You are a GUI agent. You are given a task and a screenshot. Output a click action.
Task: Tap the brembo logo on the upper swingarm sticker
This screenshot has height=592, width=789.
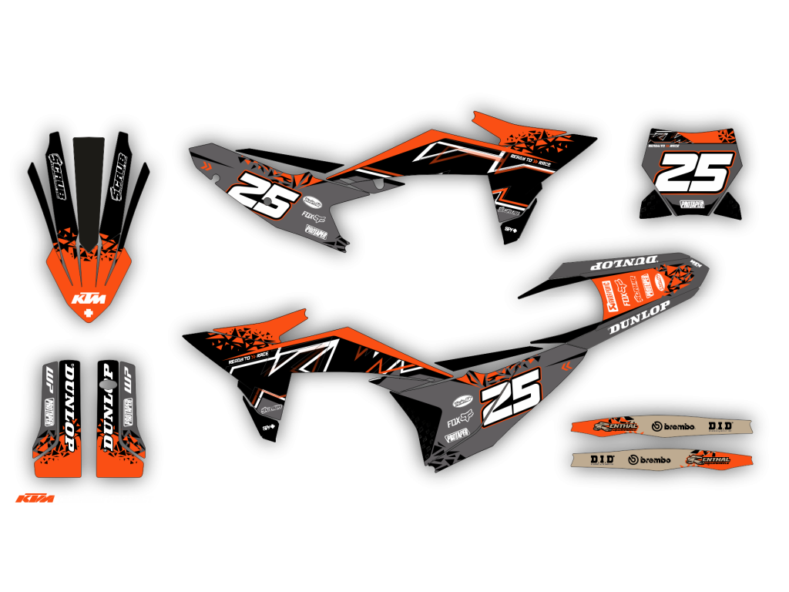673,425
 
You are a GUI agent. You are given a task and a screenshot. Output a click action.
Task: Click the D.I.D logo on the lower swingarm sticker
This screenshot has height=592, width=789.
602,459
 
